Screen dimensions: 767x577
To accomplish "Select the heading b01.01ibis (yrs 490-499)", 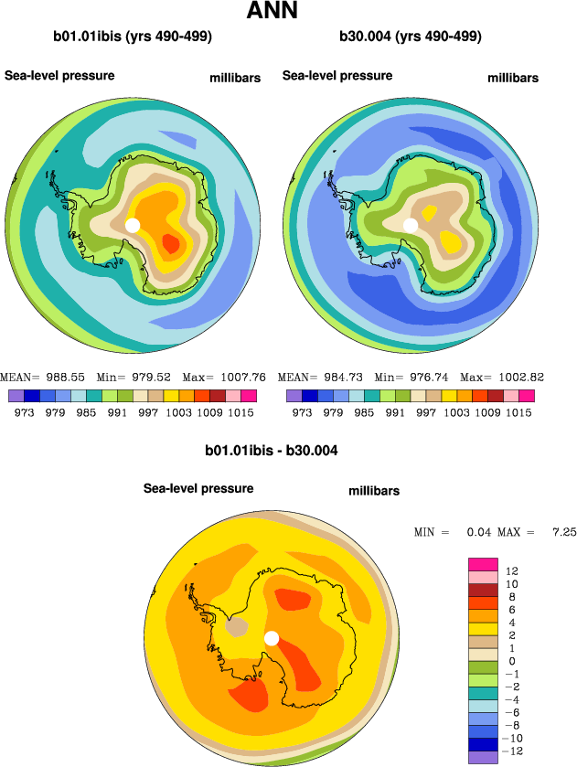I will (134, 37).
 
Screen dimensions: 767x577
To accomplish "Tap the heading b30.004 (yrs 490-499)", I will (411, 37).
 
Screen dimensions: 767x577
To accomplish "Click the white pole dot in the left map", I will (132, 225).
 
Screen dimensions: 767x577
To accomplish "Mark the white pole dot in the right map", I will (411, 225).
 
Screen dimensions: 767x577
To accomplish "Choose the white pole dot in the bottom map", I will (271, 639).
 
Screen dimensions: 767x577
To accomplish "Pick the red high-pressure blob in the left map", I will (171, 243).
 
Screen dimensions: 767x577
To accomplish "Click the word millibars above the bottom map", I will (374, 492).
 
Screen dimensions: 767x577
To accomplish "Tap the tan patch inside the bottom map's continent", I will (237, 627).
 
